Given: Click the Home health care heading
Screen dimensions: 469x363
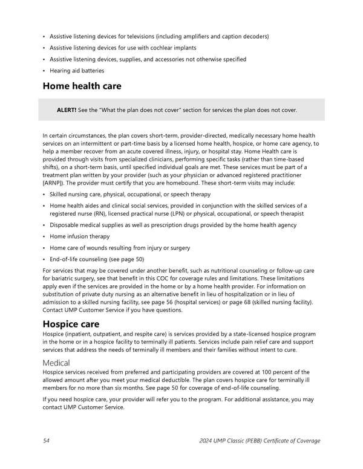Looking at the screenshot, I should click(82, 86).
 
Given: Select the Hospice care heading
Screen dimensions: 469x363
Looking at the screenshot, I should click(71, 324).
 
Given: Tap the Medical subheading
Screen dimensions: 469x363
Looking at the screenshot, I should click(56, 362).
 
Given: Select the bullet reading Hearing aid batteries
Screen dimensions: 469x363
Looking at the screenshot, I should click(77, 71).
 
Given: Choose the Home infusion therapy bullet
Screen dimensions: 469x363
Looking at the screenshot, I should click(80, 236).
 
